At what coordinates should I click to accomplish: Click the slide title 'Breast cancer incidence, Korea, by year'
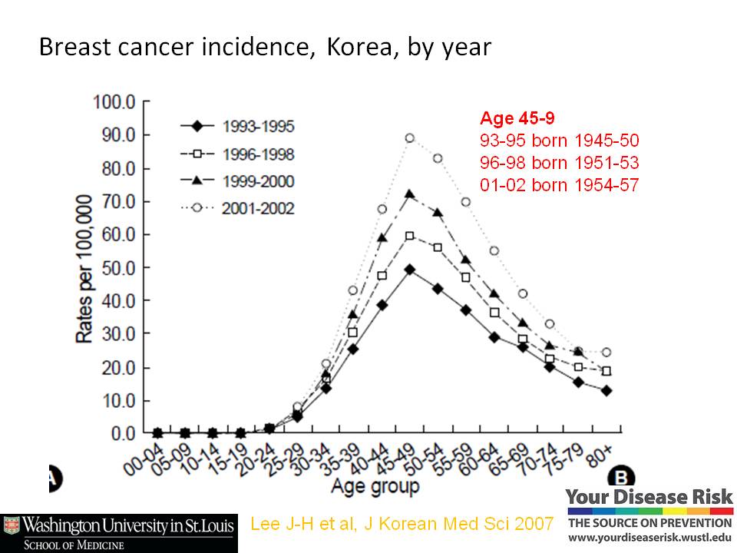(265, 48)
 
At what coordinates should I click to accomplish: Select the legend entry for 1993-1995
(238, 126)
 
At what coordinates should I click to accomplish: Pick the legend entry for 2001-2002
(238, 208)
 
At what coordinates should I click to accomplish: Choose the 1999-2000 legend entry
(238, 180)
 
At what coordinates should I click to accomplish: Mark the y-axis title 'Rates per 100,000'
(84, 267)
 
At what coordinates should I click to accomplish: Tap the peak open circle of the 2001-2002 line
(410, 138)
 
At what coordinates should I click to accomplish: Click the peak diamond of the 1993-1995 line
(410, 270)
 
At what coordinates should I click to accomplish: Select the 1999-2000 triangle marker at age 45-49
(410, 194)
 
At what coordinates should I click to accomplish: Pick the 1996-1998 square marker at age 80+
(606, 371)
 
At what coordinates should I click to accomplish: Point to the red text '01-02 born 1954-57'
(559, 184)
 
